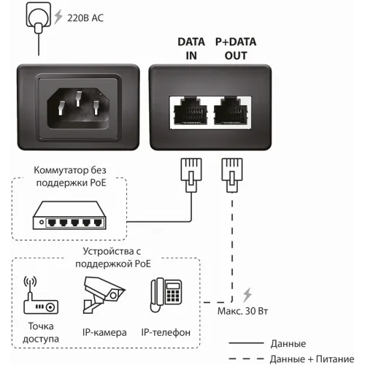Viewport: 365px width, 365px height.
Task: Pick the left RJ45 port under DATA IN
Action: [192, 111]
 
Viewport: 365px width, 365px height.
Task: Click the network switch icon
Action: [65, 218]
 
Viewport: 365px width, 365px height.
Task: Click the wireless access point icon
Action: [41, 295]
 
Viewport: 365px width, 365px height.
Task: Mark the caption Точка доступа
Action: [41, 333]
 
